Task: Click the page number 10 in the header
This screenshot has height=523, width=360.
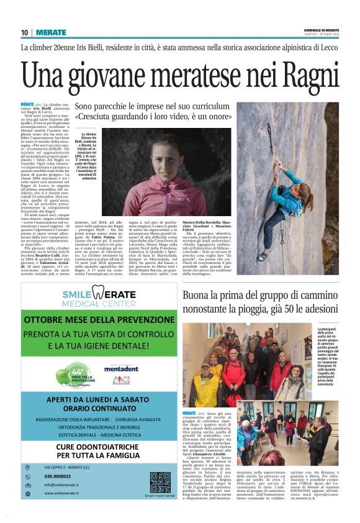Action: pos(24,32)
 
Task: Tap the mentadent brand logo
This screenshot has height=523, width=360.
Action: pos(121,368)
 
